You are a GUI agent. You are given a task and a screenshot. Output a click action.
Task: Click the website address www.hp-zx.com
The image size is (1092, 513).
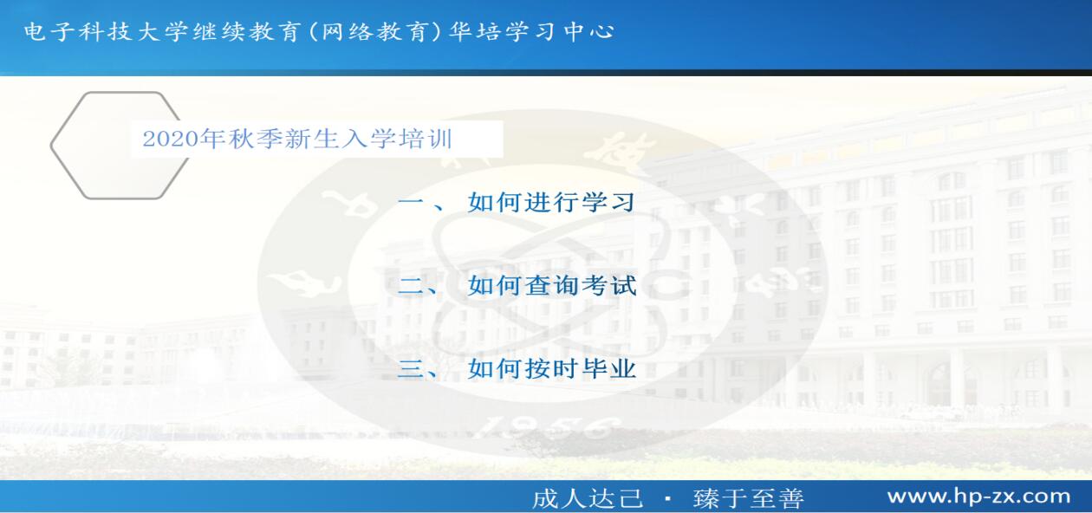click(979, 497)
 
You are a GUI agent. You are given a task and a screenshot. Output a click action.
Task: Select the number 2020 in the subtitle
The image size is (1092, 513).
click(171, 139)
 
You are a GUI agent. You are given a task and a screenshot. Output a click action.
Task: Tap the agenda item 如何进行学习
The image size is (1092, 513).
click(552, 202)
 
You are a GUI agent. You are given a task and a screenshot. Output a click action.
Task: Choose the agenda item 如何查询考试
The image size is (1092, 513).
click(552, 285)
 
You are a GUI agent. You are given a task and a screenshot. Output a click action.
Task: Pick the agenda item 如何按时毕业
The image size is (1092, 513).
click(552, 368)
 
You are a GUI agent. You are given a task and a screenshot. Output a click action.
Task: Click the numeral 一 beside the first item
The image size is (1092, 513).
click(411, 203)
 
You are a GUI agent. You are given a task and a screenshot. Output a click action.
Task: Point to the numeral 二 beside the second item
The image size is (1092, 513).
click(411, 286)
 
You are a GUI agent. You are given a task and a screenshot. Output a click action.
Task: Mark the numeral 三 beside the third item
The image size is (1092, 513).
click(411, 369)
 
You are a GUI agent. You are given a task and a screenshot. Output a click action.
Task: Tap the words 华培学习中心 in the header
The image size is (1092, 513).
click(531, 32)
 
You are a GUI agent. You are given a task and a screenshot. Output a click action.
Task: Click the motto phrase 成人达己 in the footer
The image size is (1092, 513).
click(588, 498)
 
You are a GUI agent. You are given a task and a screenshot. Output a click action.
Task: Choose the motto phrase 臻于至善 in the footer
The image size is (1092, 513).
click(749, 498)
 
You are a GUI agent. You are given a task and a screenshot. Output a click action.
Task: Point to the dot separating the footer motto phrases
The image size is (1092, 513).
click(668, 499)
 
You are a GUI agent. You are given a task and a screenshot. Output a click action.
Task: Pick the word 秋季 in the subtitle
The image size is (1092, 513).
click(256, 139)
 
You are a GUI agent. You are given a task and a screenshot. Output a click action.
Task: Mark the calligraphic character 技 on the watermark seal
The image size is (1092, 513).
click(615, 153)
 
